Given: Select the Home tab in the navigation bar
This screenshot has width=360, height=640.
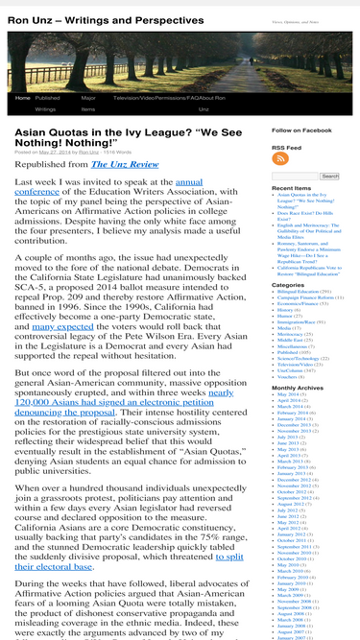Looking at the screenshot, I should (22, 98).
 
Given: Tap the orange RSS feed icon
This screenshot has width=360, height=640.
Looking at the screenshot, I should (280, 157).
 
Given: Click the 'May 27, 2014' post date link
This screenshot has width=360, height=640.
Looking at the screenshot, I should (57, 152).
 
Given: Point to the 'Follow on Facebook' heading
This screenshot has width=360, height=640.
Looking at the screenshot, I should (301, 130).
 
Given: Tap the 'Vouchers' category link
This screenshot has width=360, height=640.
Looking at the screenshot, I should (289, 347).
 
